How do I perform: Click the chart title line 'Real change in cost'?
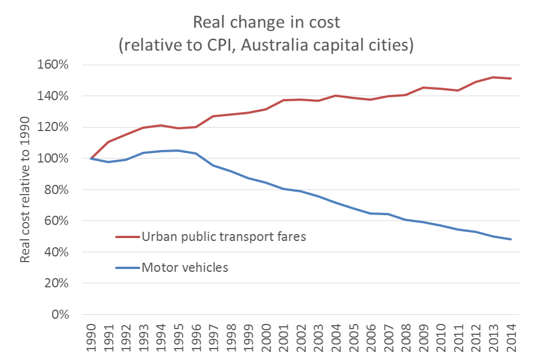click(x=266, y=22)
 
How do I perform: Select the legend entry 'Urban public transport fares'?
click(x=224, y=236)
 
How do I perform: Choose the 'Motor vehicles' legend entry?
click(x=184, y=267)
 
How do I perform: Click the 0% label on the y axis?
click(x=59, y=315)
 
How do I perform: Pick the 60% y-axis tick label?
click(x=56, y=221)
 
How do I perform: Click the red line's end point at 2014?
click(x=511, y=78)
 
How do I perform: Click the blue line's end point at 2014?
click(x=511, y=239)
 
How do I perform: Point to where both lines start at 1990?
click(x=91, y=159)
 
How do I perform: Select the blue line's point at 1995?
click(x=178, y=151)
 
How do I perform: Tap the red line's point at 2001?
click(x=284, y=100)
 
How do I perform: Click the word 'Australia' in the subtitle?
click(x=273, y=45)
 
